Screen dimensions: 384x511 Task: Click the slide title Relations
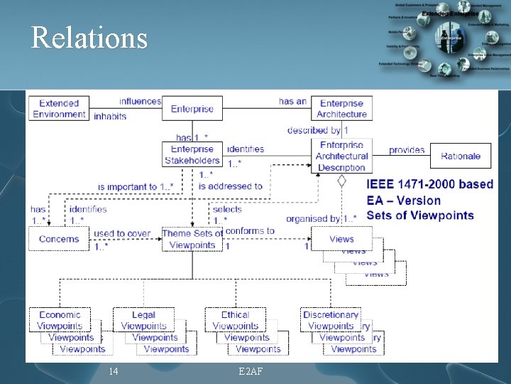coord(89,38)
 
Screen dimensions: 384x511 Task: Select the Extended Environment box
coord(59,109)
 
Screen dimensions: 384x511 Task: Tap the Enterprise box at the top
coord(192,109)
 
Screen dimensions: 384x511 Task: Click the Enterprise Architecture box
coord(341,109)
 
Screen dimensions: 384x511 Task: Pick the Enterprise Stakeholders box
coord(192,155)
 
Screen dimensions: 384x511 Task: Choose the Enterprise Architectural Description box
coord(341,156)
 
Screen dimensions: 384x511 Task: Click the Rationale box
coord(460,156)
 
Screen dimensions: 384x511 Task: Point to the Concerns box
coord(59,239)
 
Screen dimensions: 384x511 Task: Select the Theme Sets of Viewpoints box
coord(192,239)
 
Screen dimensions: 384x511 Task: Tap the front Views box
coord(341,239)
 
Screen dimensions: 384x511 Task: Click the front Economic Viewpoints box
coord(60,320)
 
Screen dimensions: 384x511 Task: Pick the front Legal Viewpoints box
coord(143,320)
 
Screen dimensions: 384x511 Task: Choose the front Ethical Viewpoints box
coord(235,320)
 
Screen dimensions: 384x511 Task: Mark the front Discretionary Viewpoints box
coord(331,320)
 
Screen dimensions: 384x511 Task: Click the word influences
coord(140,102)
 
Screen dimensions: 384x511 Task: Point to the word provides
coord(407,150)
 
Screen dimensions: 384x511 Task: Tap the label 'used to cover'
coord(122,233)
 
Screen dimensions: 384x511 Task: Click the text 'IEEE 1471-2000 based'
coord(429,184)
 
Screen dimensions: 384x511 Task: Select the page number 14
coord(113,371)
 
